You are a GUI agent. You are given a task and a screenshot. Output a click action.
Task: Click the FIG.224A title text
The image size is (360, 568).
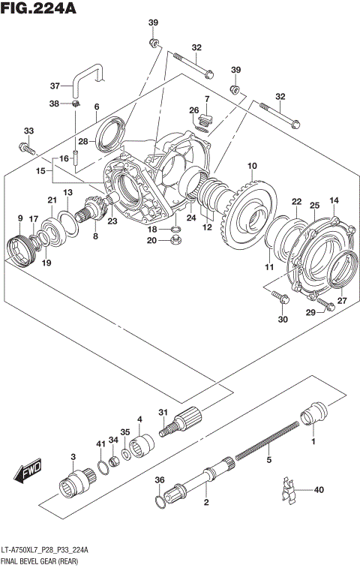(x=40, y=10)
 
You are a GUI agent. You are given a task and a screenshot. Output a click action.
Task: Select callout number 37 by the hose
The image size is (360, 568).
(x=55, y=85)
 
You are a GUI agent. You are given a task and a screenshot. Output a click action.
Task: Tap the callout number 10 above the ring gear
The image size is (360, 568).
(x=252, y=166)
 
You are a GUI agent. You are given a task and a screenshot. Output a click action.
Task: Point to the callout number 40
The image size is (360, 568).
(x=319, y=490)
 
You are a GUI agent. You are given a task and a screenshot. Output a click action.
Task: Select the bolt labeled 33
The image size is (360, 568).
(x=30, y=149)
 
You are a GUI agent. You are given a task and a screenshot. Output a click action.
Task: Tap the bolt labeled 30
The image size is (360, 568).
(x=281, y=300)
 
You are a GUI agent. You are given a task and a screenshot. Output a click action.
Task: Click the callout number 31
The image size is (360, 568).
(x=163, y=412)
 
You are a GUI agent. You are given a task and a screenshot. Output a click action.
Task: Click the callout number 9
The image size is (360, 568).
(x=20, y=218)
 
